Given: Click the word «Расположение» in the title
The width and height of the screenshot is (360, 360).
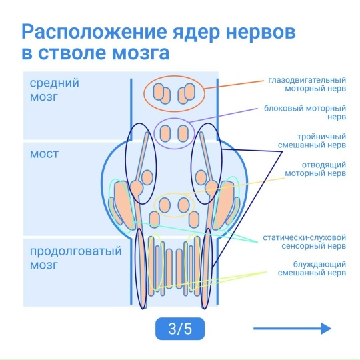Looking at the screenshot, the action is (x=94, y=32).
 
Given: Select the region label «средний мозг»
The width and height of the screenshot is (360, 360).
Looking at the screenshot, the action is (x=55, y=90).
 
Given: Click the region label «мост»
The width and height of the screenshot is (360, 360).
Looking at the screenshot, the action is (x=44, y=154).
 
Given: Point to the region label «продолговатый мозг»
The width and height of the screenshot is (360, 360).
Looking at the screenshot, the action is (x=76, y=258).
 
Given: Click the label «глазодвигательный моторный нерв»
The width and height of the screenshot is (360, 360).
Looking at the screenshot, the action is (x=307, y=84).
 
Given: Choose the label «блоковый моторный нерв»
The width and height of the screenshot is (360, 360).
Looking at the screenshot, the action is (x=305, y=113).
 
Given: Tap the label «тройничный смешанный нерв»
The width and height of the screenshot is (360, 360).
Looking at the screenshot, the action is (x=312, y=141).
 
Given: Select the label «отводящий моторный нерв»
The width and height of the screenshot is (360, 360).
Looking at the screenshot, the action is (x=315, y=169).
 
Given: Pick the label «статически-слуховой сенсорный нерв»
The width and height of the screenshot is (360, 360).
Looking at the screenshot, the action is (x=305, y=241).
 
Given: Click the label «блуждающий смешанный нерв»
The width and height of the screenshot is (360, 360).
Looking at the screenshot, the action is (x=312, y=269).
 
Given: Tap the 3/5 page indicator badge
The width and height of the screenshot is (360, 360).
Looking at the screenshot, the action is (x=180, y=329).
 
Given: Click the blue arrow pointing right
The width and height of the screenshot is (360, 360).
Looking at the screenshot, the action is (x=292, y=329).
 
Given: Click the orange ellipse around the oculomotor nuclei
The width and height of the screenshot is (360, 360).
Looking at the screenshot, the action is (x=144, y=94).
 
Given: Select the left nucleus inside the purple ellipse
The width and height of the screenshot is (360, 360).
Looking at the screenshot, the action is (x=165, y=133).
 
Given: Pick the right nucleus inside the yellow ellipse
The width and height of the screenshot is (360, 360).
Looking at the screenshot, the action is (x=184, y=205).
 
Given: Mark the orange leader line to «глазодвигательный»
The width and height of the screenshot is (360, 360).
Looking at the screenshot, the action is (x=234, y=85).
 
